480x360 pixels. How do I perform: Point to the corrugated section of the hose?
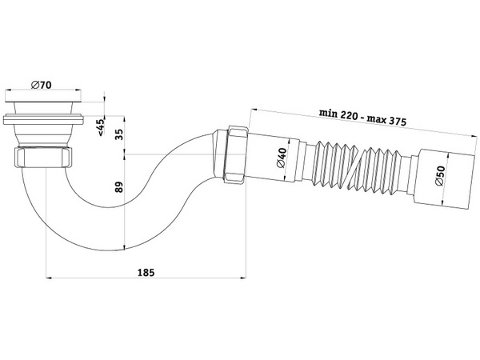point(352,170)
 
